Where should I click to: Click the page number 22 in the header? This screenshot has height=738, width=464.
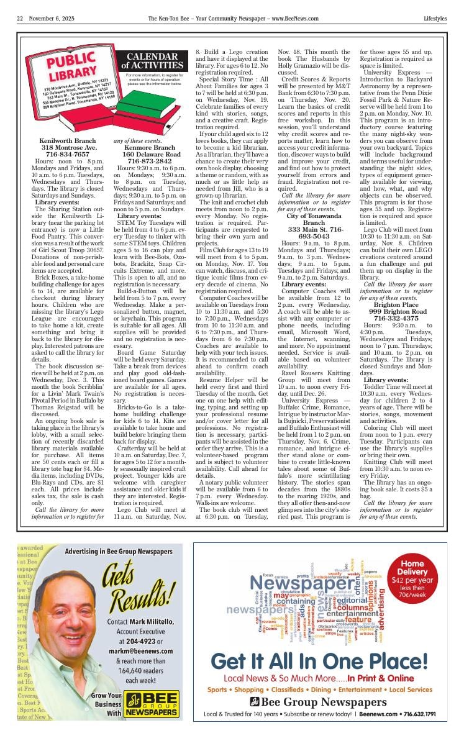[20, 19]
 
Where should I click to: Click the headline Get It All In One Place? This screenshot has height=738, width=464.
[319, 660]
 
